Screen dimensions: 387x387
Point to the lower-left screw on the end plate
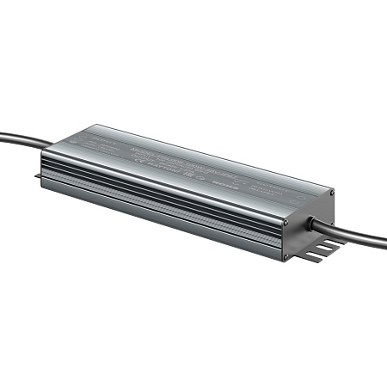(286, 255)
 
